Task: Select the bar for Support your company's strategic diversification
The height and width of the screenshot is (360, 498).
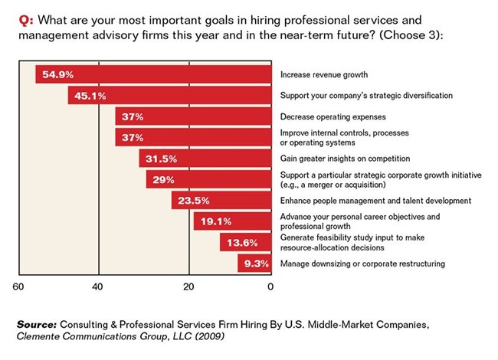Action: tap(169, 96)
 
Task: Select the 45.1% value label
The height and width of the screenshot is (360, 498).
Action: tap(90, 96)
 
